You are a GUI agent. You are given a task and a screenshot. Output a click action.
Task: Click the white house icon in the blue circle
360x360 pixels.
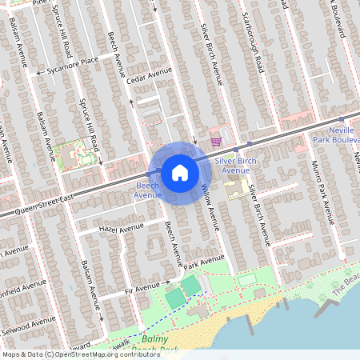click(x=179, y=172)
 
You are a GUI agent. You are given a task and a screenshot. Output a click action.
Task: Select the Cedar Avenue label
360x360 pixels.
click(x=149, y=75)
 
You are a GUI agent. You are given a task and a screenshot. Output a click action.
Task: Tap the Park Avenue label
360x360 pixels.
click(x=205, y=262)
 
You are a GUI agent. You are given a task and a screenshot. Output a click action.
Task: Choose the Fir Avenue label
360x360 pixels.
click(x=141, y=286)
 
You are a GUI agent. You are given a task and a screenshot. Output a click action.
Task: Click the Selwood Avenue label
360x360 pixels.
click(x=28, y=326)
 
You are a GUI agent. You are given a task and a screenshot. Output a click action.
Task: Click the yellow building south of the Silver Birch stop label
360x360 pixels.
click(x=236, y=189)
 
